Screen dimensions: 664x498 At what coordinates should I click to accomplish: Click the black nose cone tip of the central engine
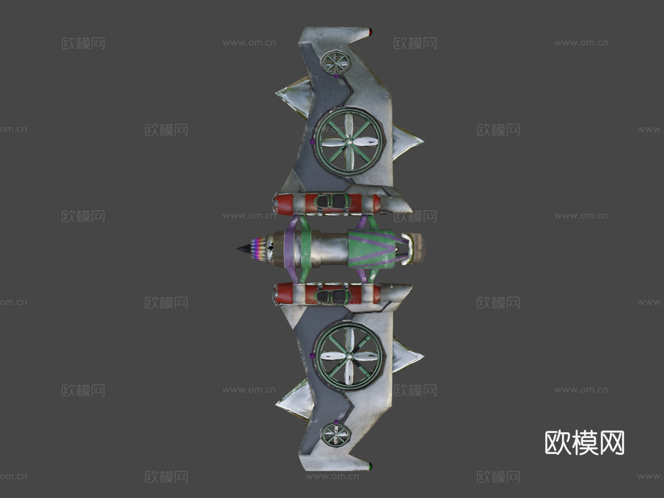[238, 249]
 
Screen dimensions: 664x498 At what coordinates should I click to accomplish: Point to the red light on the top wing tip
[370, 31]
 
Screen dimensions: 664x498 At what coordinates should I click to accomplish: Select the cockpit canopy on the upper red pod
[332, 201]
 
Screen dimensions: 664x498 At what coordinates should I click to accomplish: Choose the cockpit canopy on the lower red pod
[332, 296]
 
